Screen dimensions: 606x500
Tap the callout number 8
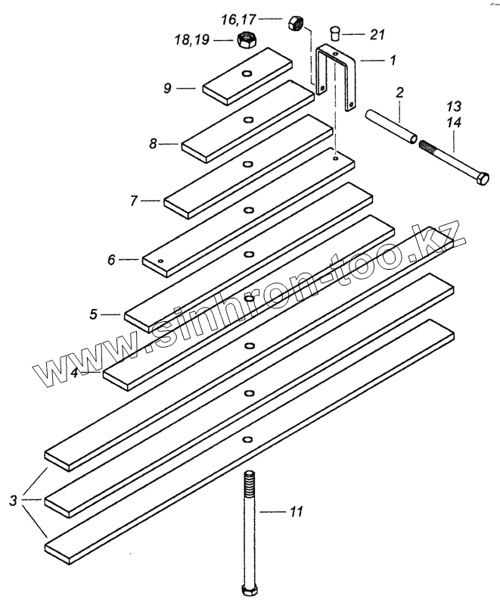click(154, 142)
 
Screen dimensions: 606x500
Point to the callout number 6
click(111, 260)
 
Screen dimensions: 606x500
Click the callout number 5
click(93, 314)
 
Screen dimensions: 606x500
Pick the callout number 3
click(14, 499)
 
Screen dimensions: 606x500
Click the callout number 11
click(296, 513)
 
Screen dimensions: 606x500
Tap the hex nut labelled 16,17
click(296, 22)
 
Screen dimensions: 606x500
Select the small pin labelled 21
click(337, 33)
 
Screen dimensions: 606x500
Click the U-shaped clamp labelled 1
click(337, 76)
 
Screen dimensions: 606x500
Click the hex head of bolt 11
click(250, 590)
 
